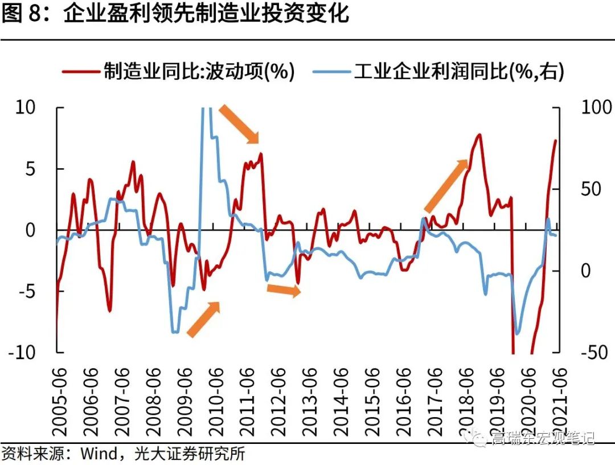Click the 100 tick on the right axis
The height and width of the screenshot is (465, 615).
pos(595,107)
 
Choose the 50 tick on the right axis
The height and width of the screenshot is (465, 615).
pos(589,189)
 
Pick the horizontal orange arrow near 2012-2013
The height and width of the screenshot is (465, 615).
pos(284,289)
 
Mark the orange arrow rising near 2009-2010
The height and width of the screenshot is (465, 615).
pos(203,319)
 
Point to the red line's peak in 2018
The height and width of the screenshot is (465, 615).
pos(479,134)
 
